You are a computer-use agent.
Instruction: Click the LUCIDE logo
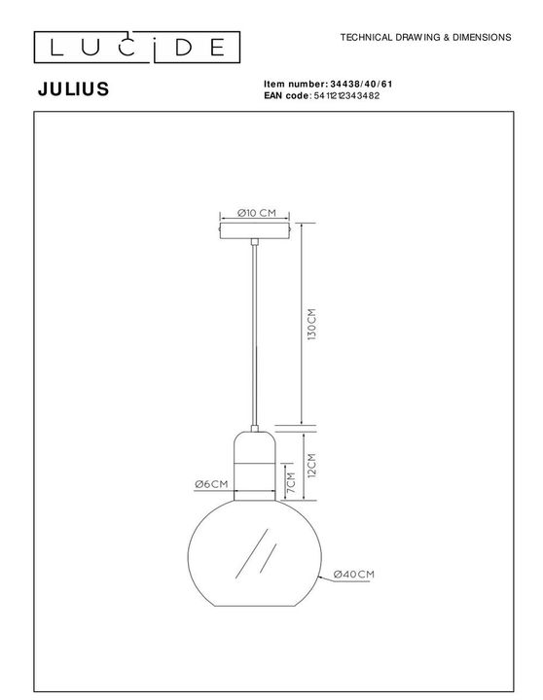coord(134,46)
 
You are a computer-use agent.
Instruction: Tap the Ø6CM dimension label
coord(211,484)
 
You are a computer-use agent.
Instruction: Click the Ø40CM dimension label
coord(353,575)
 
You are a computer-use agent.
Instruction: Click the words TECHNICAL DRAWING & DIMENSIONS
coord(425,37)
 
